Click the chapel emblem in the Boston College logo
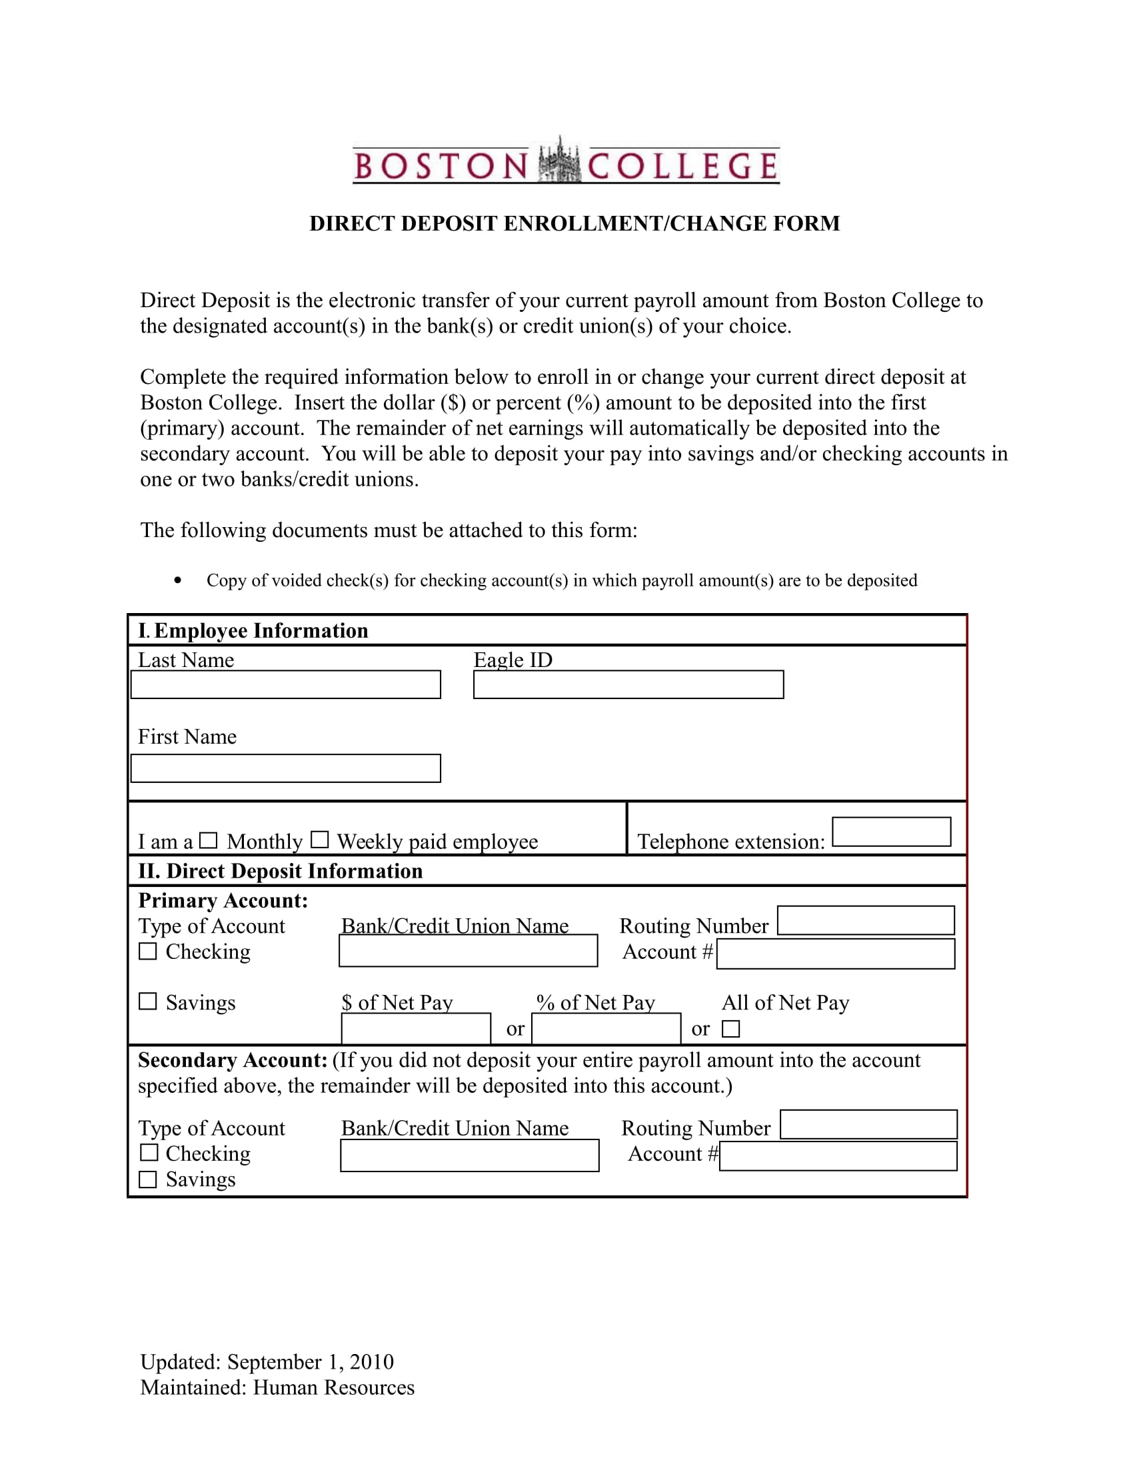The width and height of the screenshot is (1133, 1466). (559, 161)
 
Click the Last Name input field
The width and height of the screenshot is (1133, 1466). (285, 684)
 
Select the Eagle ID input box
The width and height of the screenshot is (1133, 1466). (628, 684)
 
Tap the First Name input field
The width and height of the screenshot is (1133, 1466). (285, 768)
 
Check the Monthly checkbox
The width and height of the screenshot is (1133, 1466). (209, 840)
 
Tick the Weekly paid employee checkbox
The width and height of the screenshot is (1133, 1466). (319, 840)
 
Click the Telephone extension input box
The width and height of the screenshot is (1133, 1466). (890, 832)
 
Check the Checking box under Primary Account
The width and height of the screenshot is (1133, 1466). (148, 951)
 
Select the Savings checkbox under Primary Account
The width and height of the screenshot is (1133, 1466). (148, 1002)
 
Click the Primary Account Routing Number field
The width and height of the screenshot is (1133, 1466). (865, 920)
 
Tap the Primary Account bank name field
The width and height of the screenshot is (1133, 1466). (468, 950)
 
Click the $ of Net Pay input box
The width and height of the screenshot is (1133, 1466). (415, 1028)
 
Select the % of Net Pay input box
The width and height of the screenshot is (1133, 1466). (605, 1028)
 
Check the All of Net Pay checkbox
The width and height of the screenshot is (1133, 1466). (730, 1028)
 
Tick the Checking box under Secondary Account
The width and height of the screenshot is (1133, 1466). (149, 1153)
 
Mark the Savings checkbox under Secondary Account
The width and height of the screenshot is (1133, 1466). (148, 1179)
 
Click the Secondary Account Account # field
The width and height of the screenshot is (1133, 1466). (838, 1156)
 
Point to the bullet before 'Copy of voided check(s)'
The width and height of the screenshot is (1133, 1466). (177, 580)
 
